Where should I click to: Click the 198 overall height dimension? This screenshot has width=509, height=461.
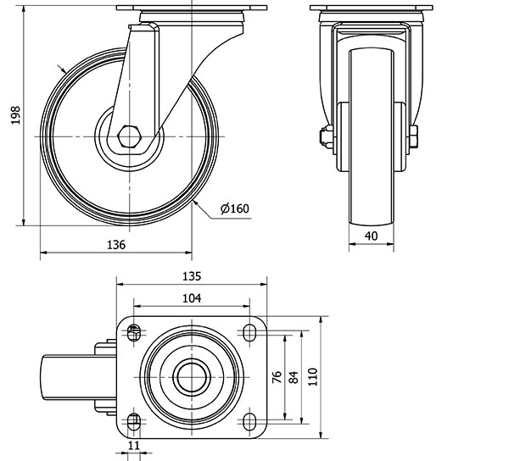[x=15, y=115]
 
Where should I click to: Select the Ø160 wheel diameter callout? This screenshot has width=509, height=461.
[x=235, y=208]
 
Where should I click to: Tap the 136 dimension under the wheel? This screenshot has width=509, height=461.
[x=116, y=244]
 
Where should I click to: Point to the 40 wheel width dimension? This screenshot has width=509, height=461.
[x=371, y=236]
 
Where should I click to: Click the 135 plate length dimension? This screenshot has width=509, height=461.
[x=192, y=276]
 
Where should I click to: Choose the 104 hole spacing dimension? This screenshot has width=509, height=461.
[x=192, y=298]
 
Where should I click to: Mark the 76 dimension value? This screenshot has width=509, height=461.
[x=277, y=377]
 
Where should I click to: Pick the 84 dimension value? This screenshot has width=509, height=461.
[x=294, y=377]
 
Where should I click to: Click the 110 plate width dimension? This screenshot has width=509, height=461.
[x=312, y=377]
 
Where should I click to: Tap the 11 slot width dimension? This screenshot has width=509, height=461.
[x=134, y=445]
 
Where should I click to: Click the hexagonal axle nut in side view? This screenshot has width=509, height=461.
[x=129, y=136]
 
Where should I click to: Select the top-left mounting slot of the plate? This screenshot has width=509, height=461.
[x=134, y=333]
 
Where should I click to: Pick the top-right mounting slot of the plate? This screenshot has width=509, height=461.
[x=249, y=333]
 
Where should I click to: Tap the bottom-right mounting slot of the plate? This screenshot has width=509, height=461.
[x=249, y=422]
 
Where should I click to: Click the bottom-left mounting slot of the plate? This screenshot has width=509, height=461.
[x=134, y=422]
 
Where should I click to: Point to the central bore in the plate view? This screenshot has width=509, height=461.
[x=192, y=377]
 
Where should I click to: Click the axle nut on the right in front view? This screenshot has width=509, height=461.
[x=413, y=136]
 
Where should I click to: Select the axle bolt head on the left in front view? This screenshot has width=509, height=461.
[x=326, y=136]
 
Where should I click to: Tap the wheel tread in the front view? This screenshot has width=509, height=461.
[x=371, y=136]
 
